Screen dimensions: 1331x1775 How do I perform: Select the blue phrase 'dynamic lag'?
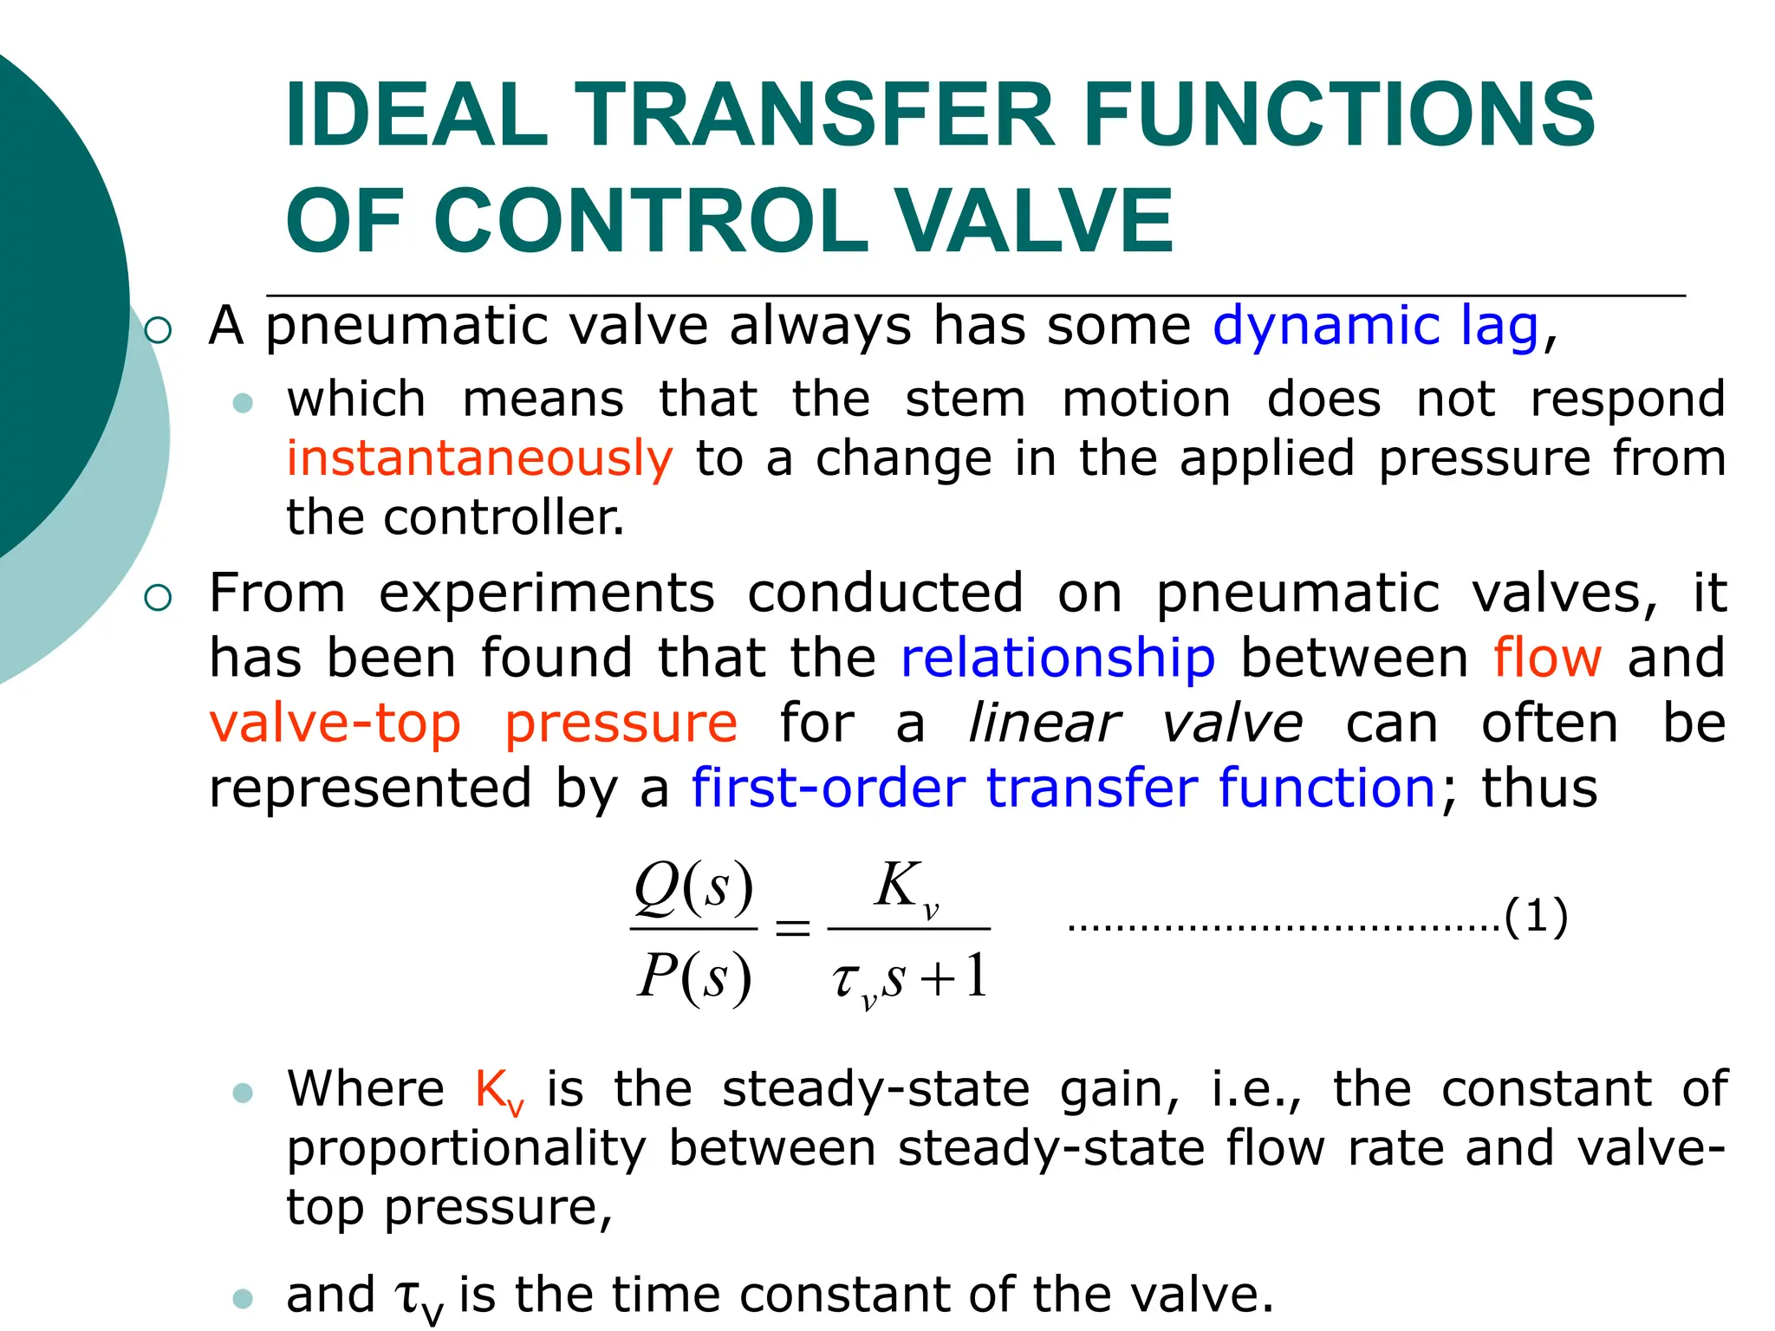1375,327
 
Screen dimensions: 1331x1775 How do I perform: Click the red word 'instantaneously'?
479,458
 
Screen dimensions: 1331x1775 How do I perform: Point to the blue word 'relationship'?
1058,658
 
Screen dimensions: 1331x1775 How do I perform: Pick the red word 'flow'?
1547,658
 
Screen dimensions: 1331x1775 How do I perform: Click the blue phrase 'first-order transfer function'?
1063,788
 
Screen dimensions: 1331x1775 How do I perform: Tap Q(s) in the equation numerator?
693,888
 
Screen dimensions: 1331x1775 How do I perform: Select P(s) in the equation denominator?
693,977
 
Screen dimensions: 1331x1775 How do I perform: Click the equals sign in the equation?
792,929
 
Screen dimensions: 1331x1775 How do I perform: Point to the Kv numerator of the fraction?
907,888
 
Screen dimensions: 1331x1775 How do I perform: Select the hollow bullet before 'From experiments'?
159,597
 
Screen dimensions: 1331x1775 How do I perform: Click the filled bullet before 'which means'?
244,402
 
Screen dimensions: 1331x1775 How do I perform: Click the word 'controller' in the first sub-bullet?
504,517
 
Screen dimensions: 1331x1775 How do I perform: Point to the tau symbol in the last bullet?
408,1296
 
